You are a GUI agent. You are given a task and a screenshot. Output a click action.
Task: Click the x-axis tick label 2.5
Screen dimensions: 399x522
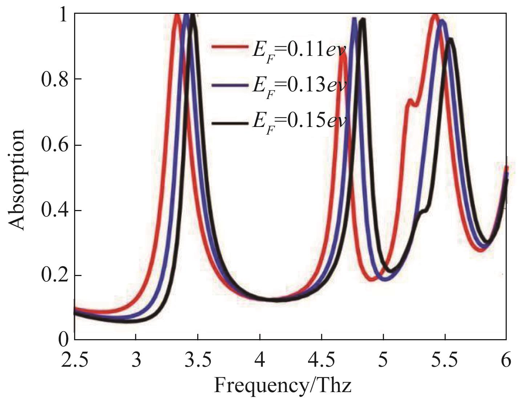coord(74,361)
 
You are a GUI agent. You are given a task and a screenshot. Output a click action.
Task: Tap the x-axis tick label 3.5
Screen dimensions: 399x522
coord(198,361)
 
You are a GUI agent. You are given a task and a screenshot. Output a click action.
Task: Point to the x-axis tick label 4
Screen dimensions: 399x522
coord(260,361)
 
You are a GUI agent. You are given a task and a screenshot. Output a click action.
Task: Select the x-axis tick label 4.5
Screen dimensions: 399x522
coord(321,361)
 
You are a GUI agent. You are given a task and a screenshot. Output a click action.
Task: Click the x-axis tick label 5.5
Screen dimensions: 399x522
coord(445,361)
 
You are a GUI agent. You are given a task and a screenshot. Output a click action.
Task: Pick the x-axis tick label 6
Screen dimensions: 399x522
coord(506,361)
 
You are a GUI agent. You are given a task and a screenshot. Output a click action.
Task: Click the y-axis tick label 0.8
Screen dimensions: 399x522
coord(54,80)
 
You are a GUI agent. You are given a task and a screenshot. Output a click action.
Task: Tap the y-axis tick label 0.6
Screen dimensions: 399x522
coord(54,145)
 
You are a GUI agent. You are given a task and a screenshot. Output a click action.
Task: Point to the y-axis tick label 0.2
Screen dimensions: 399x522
coord(54,276)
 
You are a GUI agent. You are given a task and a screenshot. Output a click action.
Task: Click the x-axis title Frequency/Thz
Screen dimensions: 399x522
coord(283,385)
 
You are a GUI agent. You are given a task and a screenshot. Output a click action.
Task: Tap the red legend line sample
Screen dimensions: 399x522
coord(230,47)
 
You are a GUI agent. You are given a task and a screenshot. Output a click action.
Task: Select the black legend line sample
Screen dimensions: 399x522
coord(230,123)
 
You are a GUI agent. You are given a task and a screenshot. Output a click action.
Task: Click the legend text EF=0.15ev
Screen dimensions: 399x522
coord(299,123)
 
